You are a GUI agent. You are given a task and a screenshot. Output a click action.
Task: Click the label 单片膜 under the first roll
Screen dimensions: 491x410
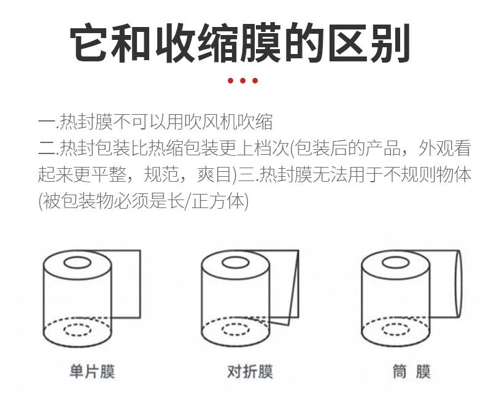tap(91, 372)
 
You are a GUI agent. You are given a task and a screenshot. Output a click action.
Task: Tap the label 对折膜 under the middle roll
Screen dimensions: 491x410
tap(250, 372)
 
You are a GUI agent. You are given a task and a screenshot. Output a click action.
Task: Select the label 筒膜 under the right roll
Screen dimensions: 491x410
tap(411, 372)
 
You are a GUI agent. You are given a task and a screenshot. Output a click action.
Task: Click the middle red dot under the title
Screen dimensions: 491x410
tap(242, 80)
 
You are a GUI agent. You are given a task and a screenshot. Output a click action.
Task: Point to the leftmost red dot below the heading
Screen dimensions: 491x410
tap(231, 80)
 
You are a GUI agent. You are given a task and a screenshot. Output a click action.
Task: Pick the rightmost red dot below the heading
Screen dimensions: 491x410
tap(255, 80)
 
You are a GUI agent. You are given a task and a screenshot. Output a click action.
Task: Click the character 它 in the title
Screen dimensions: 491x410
tap(88, 43)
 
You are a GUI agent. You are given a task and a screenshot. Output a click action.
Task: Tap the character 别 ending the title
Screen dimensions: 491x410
tap(391, 43)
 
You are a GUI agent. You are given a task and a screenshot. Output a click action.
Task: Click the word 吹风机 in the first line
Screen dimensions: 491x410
tap(210, 122)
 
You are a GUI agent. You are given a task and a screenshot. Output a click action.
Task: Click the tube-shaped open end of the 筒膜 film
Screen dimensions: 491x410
tap(458, 283)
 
